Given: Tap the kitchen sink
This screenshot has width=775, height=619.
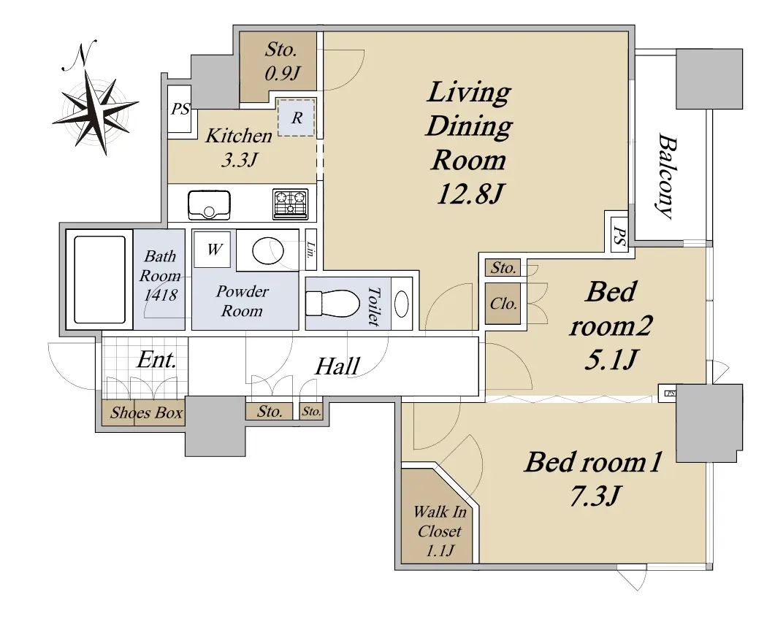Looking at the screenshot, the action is pos(209,204).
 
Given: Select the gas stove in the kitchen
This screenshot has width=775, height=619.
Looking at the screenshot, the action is pos(290,204).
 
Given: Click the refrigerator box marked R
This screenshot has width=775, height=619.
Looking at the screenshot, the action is pos(296,118).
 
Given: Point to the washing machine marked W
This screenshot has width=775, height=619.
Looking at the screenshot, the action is pos(212,250).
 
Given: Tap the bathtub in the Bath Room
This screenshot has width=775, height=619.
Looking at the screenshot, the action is pos(99,279).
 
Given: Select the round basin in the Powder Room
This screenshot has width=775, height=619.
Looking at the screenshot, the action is pos(268,251).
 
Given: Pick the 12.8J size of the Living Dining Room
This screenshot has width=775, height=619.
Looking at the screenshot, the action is pos(470,195).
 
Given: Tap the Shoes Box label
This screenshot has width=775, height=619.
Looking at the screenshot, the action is pos(146,412).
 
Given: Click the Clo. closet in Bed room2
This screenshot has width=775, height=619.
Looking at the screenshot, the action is pos(503,304).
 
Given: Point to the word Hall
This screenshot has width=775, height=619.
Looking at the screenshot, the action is pos(337,366).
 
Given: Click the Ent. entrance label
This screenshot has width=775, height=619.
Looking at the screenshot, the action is pos(157,360).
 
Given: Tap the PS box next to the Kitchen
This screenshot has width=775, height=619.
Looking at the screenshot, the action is pos(180,109).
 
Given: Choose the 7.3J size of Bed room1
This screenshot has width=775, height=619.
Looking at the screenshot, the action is pos(595,496).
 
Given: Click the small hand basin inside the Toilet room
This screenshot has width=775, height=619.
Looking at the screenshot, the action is pos(402,304).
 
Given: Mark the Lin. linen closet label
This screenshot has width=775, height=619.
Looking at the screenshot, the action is pos(310,250).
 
